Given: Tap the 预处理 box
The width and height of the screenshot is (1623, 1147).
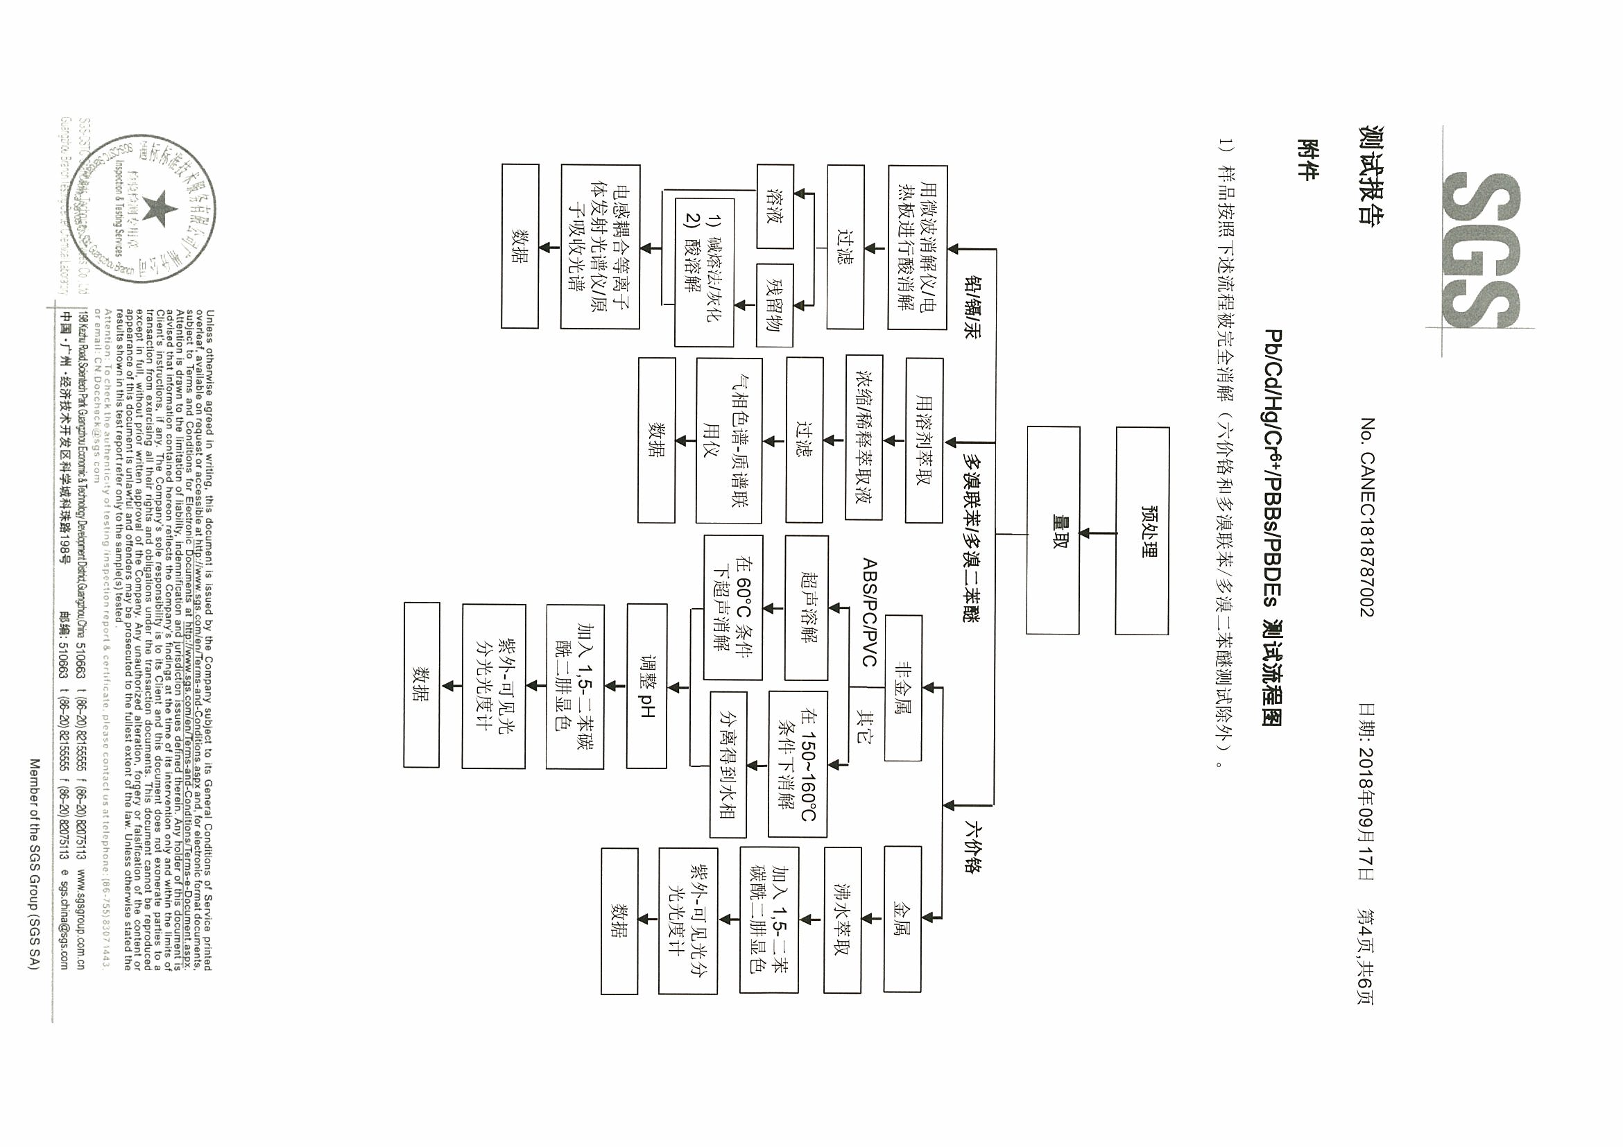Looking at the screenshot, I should click(1142, 531).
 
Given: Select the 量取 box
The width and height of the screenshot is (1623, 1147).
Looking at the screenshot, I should click(1054, 530).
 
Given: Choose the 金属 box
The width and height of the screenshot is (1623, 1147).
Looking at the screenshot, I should click(903, 918).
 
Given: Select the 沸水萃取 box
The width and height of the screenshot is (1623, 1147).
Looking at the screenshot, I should click(842, 919).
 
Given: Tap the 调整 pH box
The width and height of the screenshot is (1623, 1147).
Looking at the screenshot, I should click(647, 687).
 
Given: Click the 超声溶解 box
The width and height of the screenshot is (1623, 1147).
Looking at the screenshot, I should click(807, 607).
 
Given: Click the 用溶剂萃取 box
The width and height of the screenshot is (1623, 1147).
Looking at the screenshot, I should click(924, 440).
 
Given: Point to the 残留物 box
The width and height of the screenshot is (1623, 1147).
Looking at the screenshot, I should click(775, 305).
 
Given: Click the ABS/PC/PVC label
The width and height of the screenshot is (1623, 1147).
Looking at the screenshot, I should click(870, 612).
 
